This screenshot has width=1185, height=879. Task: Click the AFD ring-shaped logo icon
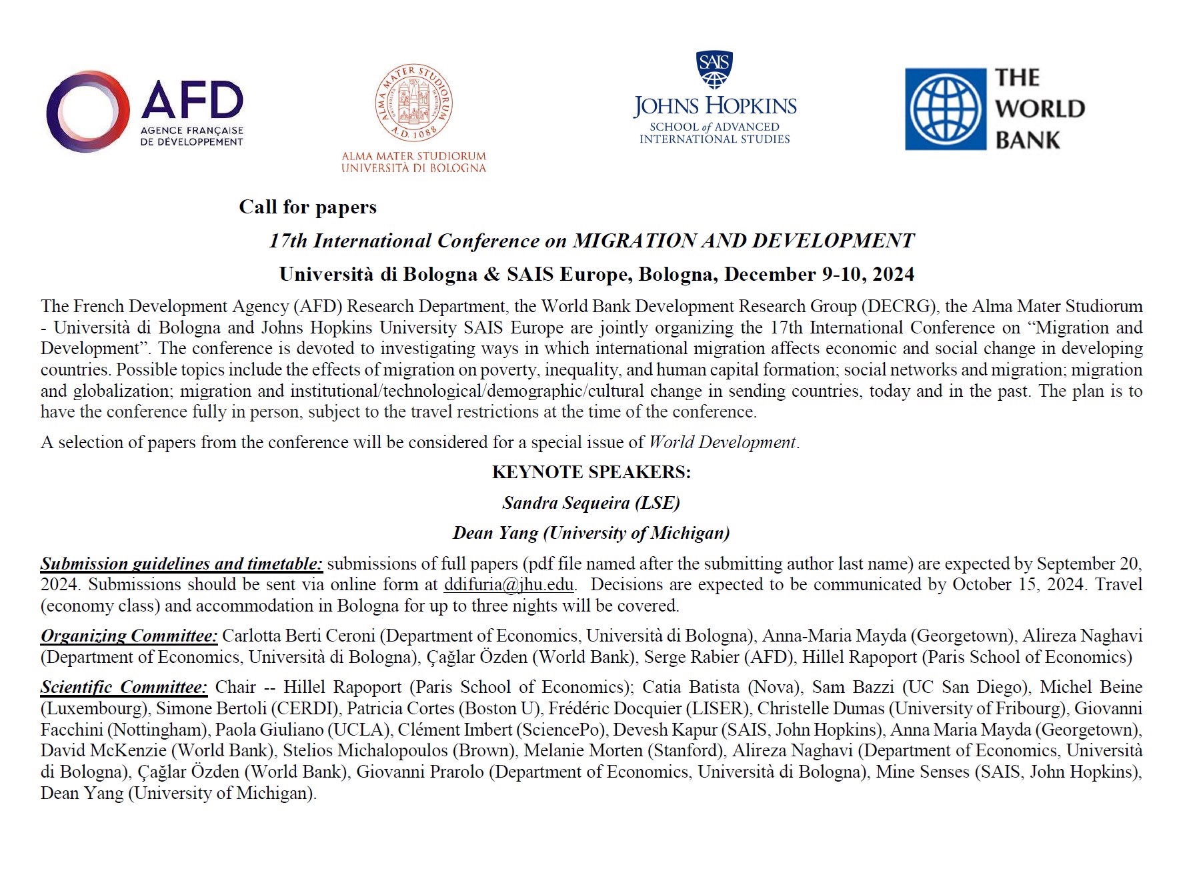pos(87,111)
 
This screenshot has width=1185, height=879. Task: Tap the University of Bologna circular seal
pos(413,103)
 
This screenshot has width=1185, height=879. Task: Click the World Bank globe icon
pos(945,109)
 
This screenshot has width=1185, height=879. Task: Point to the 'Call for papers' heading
pos(307,207)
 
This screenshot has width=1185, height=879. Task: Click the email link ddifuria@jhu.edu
pos(509,585)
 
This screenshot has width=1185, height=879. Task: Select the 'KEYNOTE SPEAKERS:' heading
pos(591,472)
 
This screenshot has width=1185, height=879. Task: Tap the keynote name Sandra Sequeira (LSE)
pos(591,503)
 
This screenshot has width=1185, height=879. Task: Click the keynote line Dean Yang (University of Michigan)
pos(591,533)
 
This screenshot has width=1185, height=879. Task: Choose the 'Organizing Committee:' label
pos(129,636)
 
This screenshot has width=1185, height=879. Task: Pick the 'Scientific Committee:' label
pos(124,688)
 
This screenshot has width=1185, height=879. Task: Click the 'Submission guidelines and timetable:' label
pos(181,564)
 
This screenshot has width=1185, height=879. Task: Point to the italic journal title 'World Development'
pos(722,443)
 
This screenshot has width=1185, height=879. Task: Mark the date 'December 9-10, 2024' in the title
pos(820,275)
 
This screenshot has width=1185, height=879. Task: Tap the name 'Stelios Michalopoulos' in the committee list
pos(365,751)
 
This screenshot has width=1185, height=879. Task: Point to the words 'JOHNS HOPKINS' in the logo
pos(715,106)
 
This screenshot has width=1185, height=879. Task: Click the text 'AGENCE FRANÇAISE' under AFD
pos(191,131)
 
